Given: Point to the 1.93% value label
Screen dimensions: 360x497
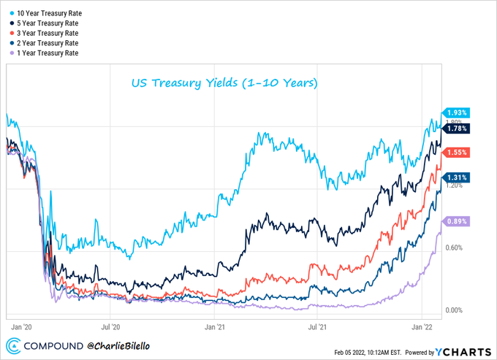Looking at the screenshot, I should pyautogui.click(x=457, y=112).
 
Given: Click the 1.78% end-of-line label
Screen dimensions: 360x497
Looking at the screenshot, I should pyautogui.click(x=457, y=129).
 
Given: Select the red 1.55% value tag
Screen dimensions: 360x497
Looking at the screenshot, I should pyautogui.click(x=457, y=153).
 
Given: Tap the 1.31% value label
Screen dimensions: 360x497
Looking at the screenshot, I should pyautogui.click(x=457, y=177).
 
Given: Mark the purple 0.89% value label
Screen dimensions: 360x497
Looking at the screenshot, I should pyautogui.click(x=457, y=221).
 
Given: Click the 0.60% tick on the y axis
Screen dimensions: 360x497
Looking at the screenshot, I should pyautogui.click(x=455, y=248).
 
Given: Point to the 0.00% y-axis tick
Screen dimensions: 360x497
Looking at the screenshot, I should pyautogui.click(x=455, y=310).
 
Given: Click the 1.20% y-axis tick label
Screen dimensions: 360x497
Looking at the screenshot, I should pyautogui.click(x=455, y=185).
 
